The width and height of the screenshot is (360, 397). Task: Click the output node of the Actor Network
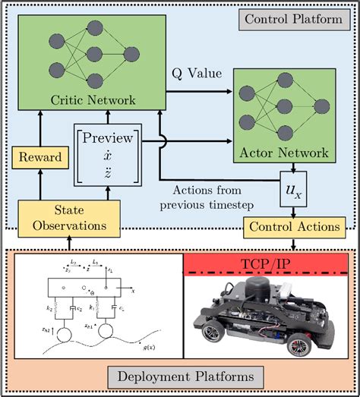(321, 106)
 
